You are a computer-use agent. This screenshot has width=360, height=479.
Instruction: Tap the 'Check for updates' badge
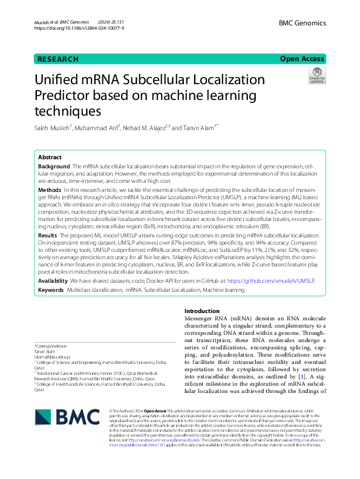coord(317,75)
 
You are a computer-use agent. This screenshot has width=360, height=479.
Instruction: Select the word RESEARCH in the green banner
coord(58,59)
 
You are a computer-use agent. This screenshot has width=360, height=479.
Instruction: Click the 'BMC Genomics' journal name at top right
coord(302,23)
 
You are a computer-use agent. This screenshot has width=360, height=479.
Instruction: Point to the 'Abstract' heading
coord(50,156)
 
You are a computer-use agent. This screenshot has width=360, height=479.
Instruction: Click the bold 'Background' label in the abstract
coord(54,166)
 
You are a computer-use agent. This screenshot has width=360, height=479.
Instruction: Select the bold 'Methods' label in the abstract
coord(50,190)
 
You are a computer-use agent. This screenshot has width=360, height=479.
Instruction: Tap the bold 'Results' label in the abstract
coord(48,233)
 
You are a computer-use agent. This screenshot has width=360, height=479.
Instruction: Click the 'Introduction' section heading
coord(202,310)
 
